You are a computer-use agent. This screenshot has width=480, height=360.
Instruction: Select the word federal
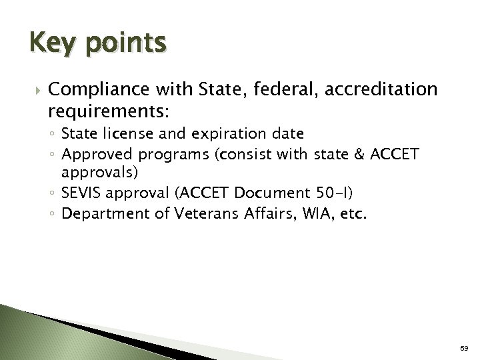pyautogui.click(x=272, y=90)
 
